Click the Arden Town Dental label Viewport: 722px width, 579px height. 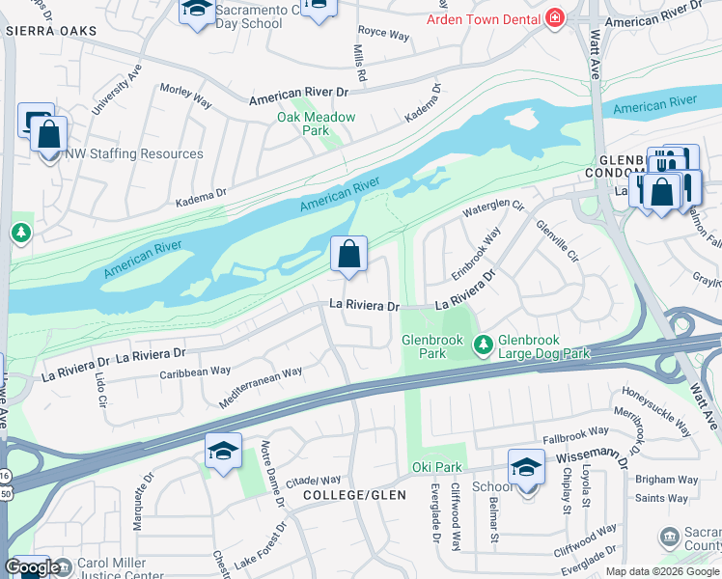[x=483, y=19]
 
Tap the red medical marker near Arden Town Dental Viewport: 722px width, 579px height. [x=554, y=18]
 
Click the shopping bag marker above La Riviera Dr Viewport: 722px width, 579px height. [x=349, y=256]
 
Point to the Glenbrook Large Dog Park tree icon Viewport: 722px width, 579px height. [x=483, y=343]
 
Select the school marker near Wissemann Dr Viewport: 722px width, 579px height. [x=527, y=468]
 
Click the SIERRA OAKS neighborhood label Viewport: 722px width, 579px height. [x=51, y=31]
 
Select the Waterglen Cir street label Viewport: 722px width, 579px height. [x=493, y=206]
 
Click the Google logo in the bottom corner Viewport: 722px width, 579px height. [x=31, y=568]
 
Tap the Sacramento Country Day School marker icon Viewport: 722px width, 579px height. [x=197, y=11]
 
